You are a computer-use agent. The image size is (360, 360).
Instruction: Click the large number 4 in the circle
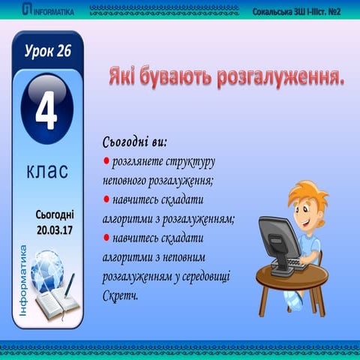46,115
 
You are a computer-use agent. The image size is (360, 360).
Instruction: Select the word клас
46,171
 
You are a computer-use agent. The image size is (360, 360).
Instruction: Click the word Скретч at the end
120,295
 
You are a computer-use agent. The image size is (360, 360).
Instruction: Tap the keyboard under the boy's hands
296,265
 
